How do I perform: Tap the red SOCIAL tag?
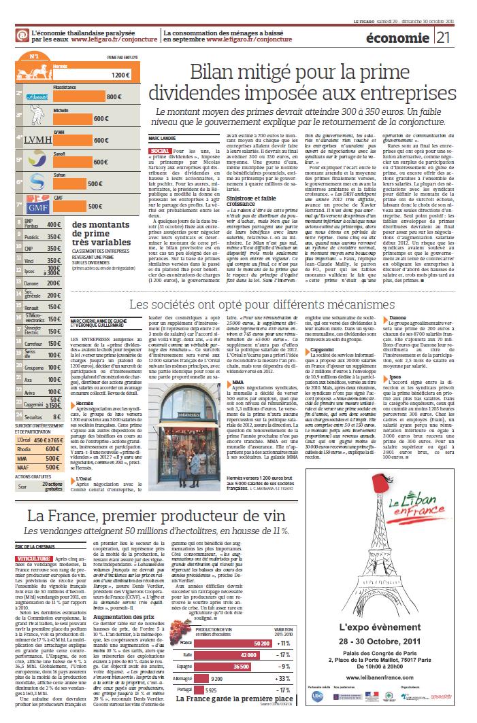159,149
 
